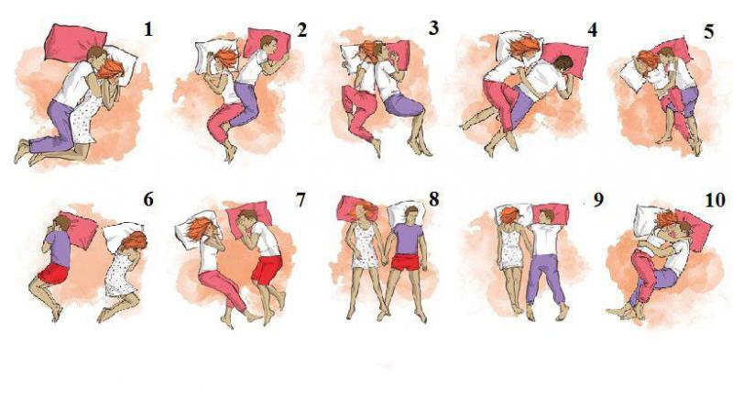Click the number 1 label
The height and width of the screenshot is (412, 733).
[x=148, y=29]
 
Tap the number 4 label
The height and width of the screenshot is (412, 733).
[x=592, y=30]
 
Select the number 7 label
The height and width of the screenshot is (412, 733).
[x=301, y=200]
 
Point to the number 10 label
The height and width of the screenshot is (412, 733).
[x=715, y=200]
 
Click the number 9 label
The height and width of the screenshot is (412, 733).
[x=598, y=200]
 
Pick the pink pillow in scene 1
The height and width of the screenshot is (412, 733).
[x=74, y=43]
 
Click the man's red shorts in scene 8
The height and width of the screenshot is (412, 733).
[x=406, y=262]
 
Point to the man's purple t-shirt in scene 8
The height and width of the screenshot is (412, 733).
[x=407, y=238]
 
